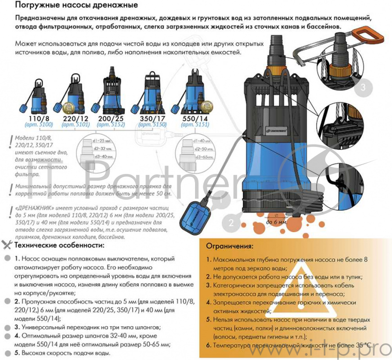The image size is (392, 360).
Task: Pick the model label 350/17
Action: [x=153, y=119]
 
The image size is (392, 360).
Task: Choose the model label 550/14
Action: [x=195, y=119]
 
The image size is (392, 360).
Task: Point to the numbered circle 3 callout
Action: [x=363, y=88]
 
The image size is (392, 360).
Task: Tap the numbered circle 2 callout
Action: [x=231, y=223]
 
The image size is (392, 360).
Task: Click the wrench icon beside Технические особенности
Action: [x=7, y=244]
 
